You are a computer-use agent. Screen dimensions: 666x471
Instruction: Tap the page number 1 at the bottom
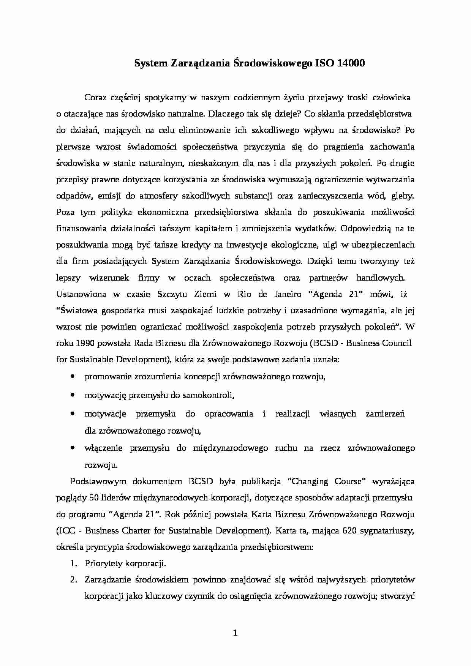(235, 633)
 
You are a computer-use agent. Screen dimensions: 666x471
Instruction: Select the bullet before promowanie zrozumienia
(72, 376)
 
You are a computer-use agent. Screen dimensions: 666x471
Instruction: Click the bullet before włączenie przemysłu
(72, 448)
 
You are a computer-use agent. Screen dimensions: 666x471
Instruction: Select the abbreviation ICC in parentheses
(67, 531)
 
